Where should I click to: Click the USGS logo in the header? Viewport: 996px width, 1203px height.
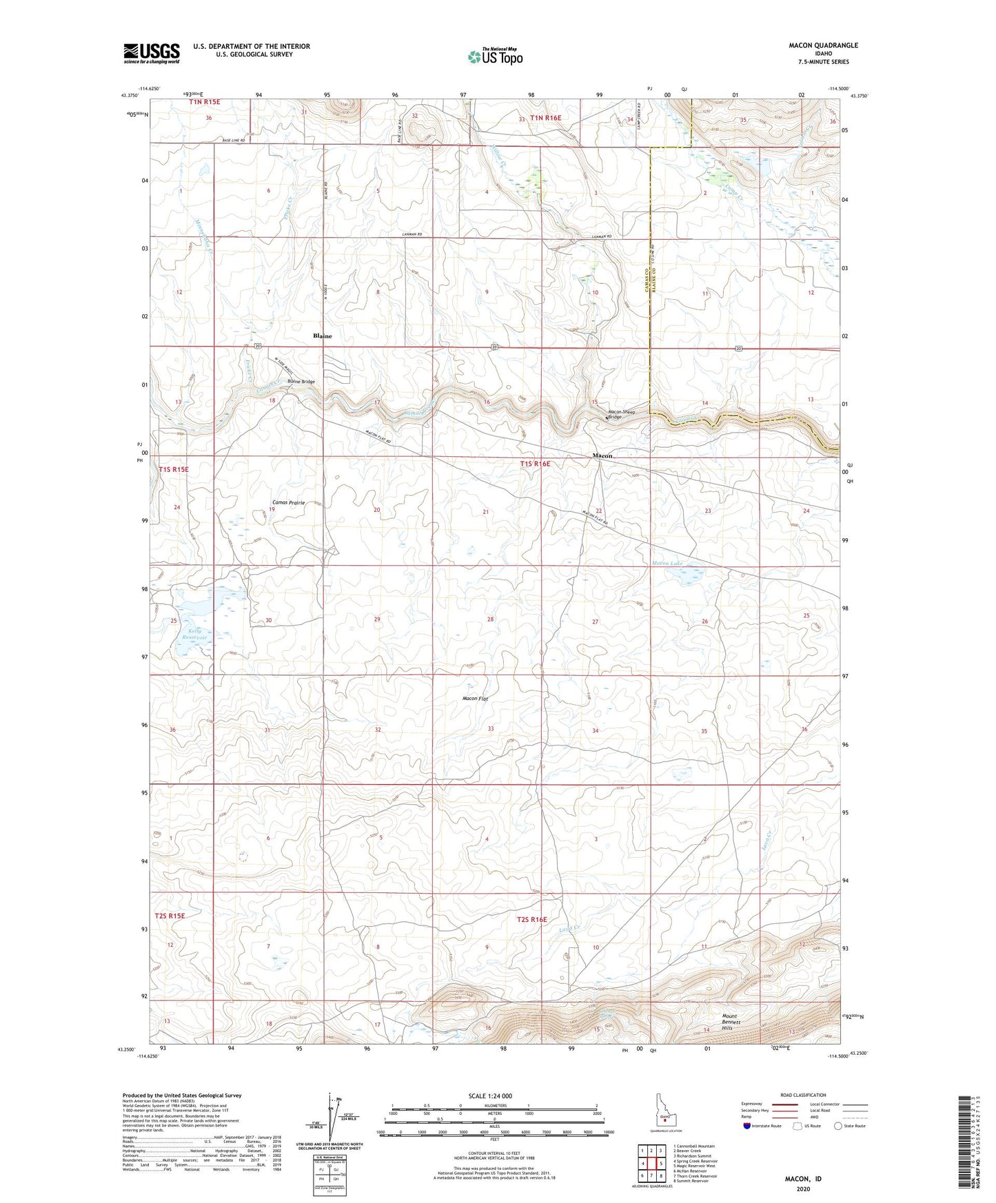(x=152, y=52)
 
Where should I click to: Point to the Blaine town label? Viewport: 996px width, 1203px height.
(x=322, y=336)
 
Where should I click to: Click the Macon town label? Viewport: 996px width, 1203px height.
(x=602, y=456)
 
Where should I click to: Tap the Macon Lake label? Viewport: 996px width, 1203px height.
(x=667, y=564)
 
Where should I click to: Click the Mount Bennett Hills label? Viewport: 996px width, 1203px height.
(x=731, y=1022)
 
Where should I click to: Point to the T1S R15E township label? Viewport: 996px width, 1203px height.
(x=173, y=469)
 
